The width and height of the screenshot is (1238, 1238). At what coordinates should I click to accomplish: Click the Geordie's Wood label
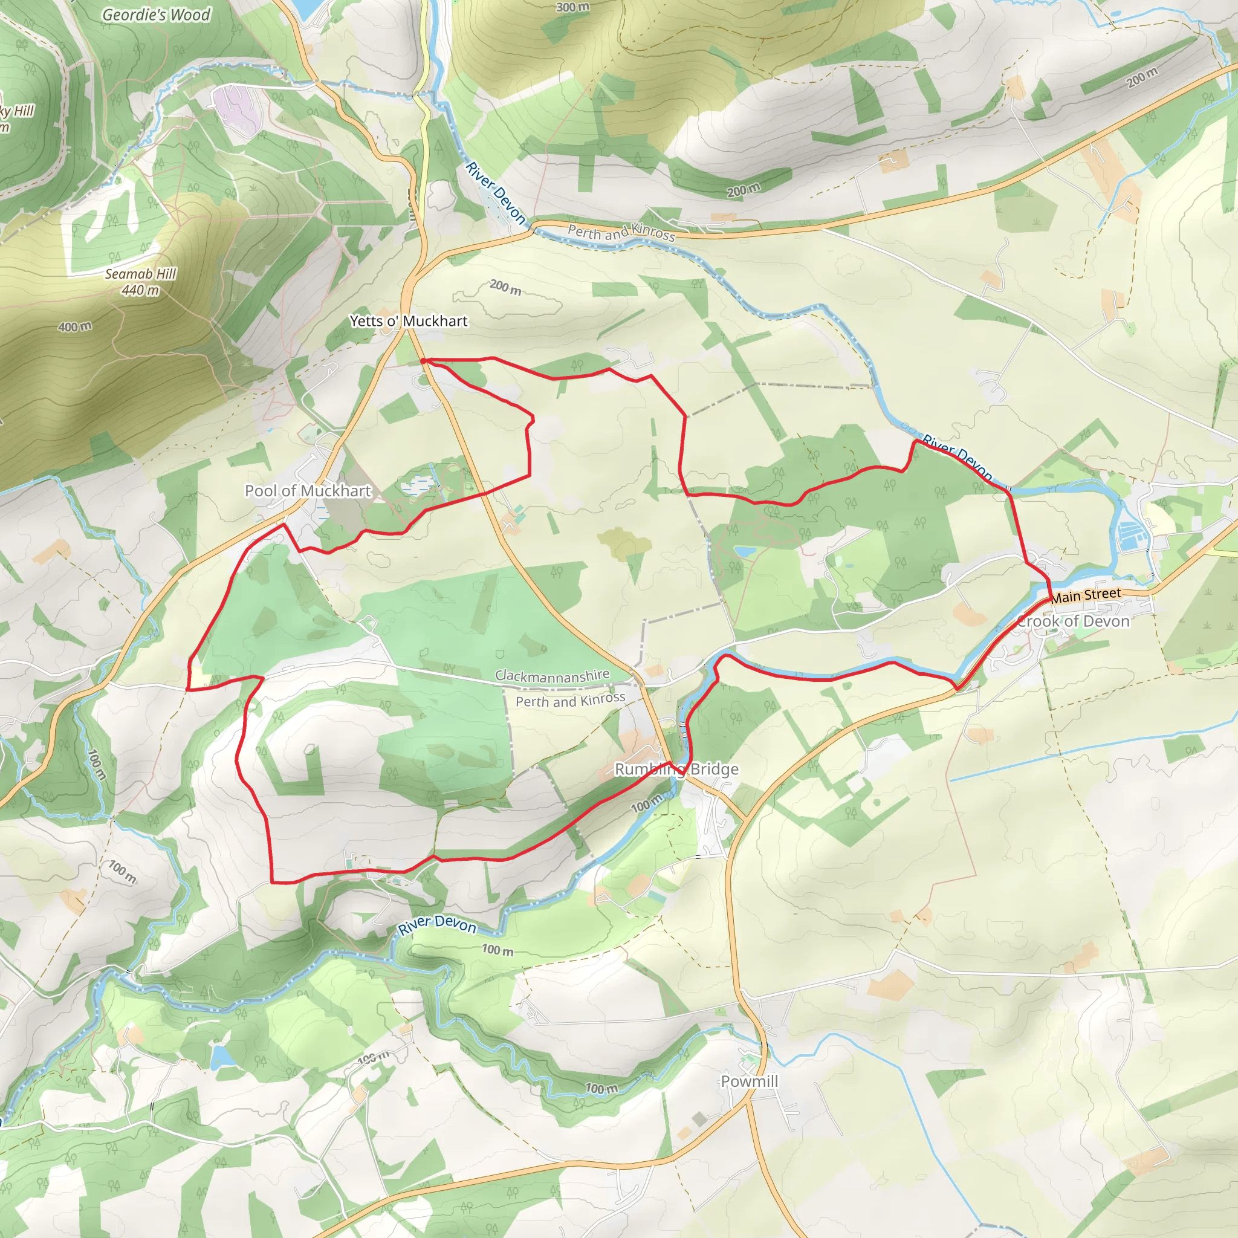(156, 15)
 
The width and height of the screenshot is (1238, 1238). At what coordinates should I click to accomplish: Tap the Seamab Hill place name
(140, 274)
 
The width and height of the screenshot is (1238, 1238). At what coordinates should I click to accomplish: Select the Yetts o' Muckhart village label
(409, 321)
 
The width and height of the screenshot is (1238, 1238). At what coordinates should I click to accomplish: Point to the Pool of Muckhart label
(308, 491)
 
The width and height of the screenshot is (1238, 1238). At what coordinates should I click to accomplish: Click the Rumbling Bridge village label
(676, 769)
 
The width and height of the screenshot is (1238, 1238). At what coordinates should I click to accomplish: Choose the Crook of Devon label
(1074, 621)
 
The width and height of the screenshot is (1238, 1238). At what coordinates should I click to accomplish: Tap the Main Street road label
(1086, 595)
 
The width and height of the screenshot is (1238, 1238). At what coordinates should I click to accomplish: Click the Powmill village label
(749, 1081)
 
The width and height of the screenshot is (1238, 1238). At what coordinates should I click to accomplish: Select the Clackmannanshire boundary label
(552, 675)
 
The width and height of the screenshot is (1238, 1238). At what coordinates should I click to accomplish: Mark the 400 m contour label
(75, 327)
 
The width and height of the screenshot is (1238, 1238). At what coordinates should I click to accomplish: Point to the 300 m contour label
(573, 7)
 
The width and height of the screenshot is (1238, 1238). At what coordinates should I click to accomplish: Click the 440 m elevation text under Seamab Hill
(140, 290)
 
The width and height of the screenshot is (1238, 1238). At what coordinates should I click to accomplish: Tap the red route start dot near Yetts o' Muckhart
(424, 361)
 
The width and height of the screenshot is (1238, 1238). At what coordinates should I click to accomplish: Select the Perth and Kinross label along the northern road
(621, 232)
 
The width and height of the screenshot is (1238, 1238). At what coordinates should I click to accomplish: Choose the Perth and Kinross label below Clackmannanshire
(570, 700)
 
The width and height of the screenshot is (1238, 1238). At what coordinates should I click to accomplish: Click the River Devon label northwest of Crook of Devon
(958, 457)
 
